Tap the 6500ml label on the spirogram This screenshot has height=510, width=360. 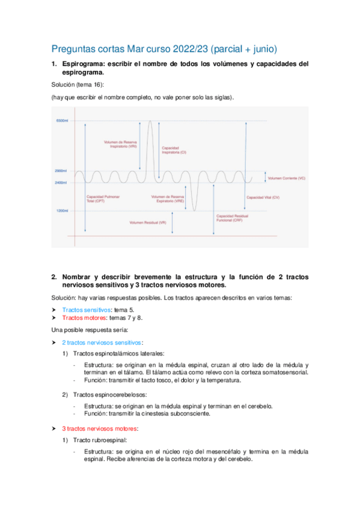[x=62, y=121]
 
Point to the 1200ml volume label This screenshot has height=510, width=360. [x=62, y=211]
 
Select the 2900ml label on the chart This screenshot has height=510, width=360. [x=61, y=171]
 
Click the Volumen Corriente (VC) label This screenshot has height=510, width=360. [x=287, y=178]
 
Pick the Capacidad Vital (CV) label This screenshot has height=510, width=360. [x=263, y=197]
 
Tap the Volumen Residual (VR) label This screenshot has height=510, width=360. [x=148, y=223]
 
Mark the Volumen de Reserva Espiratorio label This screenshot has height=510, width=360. [x=168, y=199]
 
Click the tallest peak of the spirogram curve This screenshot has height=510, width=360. [x=150, y=121]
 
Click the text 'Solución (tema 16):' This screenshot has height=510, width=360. [x=78, y=85]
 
